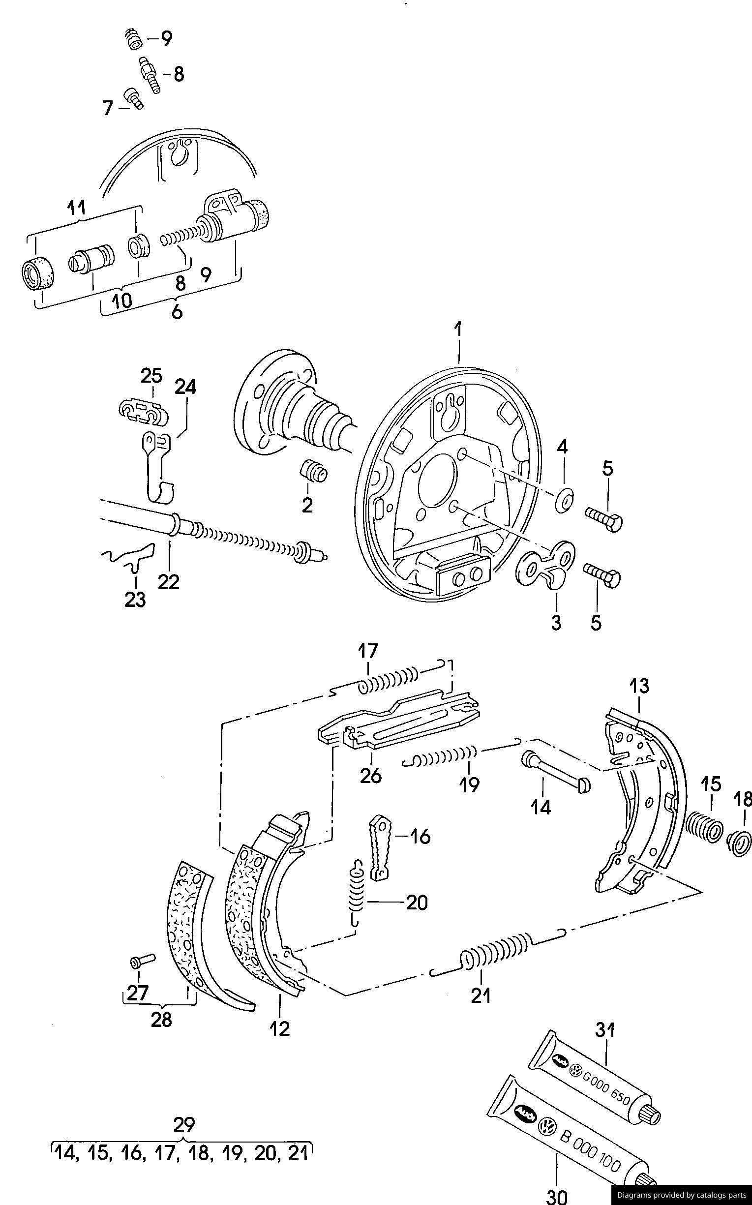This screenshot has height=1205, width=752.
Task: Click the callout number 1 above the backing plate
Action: [458, 330]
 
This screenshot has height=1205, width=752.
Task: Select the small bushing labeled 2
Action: [314, 471]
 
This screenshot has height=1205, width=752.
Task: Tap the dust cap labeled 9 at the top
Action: [134, 39]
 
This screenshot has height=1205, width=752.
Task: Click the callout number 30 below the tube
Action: [557, 1195]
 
